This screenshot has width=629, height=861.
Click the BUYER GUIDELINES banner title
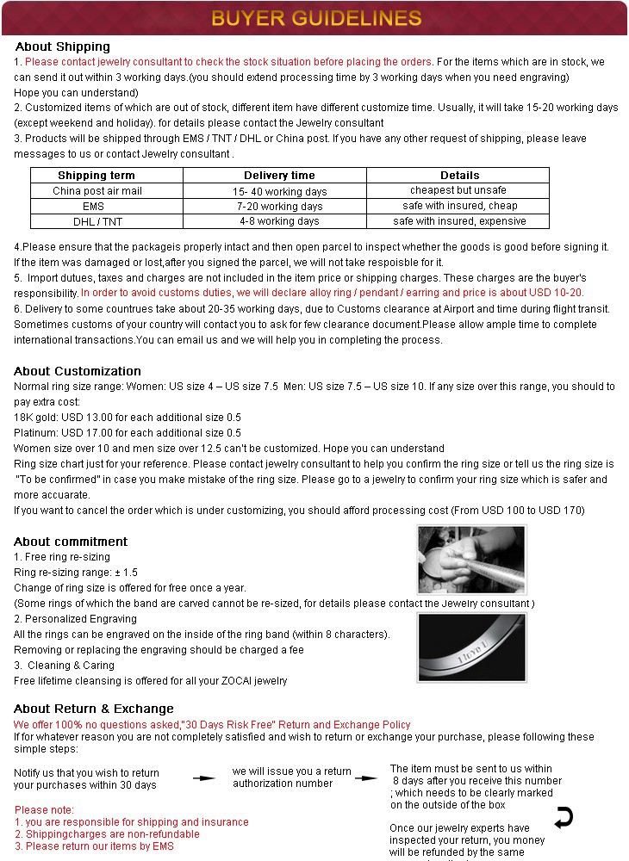point(316,18)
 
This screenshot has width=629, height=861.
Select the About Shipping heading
point(63,46)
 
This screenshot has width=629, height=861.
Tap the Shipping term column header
point(97,176)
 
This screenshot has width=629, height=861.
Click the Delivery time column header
point(279,176)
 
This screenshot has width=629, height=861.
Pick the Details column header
point(459,176)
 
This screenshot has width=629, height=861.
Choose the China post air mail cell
point(97,191)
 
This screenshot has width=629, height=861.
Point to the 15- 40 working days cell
point(279,191)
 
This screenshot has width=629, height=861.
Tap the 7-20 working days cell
point(279,207)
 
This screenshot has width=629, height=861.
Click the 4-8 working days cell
point(279,221)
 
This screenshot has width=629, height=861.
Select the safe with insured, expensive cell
point(459,221)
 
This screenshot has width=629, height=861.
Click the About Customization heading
point(78,371)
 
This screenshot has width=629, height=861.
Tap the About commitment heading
point(71,542)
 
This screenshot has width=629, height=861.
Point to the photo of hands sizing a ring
point(471,560)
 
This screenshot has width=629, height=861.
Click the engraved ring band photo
point(471,645)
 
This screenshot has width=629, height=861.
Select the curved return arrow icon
point(564,817)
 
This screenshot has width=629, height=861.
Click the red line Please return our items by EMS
point(94,846)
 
